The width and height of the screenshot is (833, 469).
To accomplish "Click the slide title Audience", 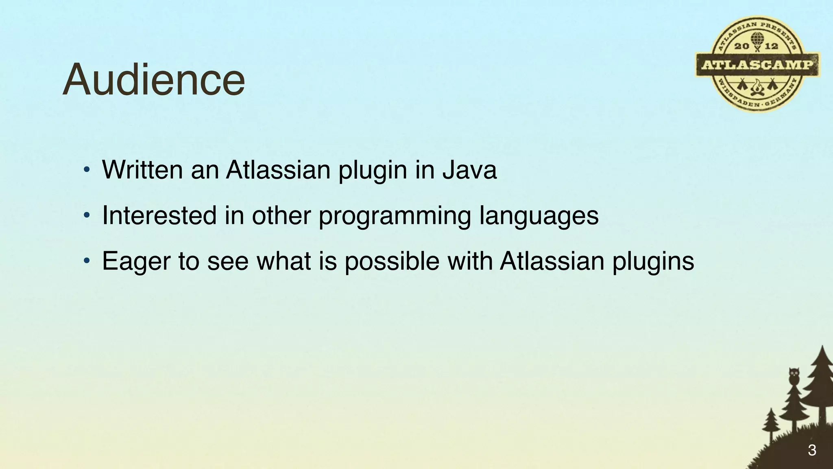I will tap(154, 80).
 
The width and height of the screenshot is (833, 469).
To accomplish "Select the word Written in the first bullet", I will tap(142, 170).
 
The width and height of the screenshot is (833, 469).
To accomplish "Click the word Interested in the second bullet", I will tap(159, 215).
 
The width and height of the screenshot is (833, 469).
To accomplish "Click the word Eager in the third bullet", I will tap(136, 262).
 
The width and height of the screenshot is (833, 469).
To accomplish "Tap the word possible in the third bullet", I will tap(392, 262).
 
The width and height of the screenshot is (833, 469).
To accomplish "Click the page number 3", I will tap(812, 450).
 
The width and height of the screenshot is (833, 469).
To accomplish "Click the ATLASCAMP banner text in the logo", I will tap(757, 65).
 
